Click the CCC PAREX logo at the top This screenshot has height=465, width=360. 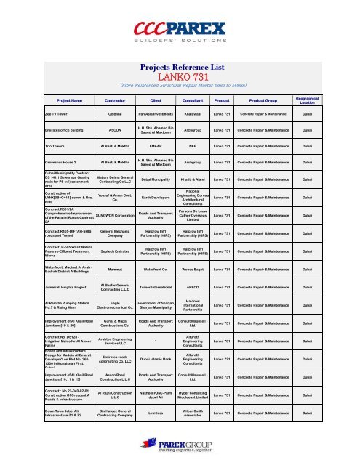pos(180,31)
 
